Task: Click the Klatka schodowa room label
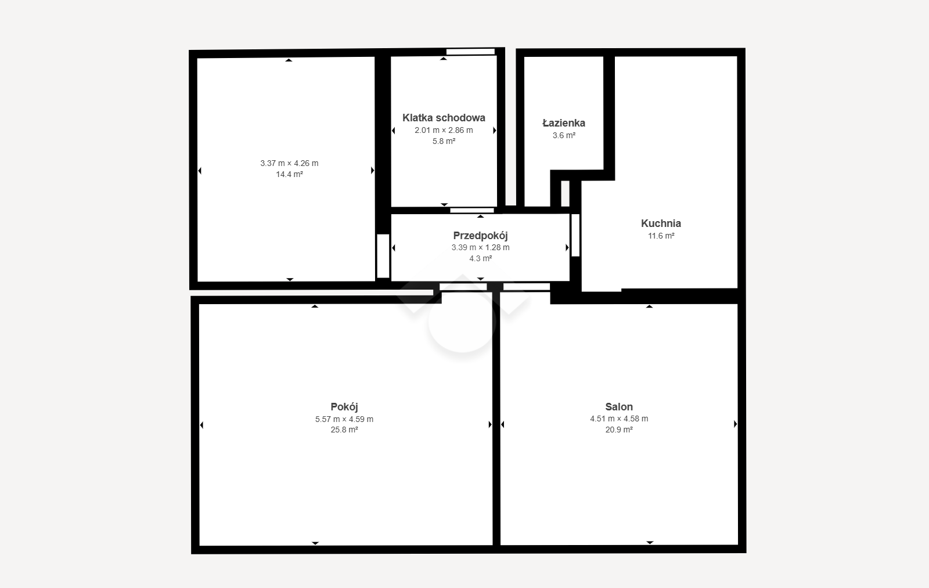[444, 118]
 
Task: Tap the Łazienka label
[564, 122]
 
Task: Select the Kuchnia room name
[661, 223]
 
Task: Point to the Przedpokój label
[480, 236]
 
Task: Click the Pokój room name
[344, 407]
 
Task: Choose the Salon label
[619, 407]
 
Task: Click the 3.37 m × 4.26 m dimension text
[289, 163]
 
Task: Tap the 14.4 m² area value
[290, 174]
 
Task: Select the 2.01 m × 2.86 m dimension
[444, 130]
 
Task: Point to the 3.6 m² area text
[564, 135]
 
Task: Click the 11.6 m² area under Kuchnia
[661, 236]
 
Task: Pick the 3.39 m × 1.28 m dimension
[480, 247]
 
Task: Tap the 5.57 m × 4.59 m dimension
[344, 419]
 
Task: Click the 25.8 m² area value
[344, 430]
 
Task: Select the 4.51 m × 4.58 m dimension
[619, 419]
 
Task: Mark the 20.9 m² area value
[619, 430]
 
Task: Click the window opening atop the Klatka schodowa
[470, 52]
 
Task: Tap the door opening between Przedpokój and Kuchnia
[575, 235]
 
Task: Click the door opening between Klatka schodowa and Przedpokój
[472, 211]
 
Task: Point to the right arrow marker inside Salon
[735, 424]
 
